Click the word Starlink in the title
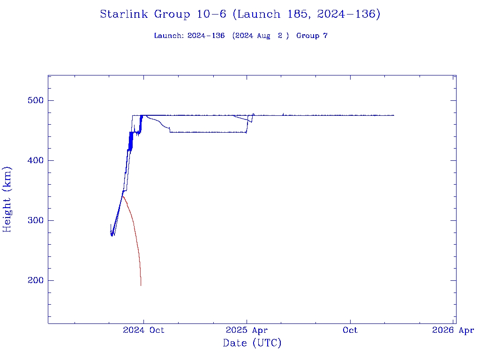(125, 15)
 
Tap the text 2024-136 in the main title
(348, 15)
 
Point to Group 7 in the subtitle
(312, 36)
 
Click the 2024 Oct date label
(143, 330)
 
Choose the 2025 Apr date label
(247, 330)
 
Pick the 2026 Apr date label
(453, 330)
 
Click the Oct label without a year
(350, 330)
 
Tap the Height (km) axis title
(7, 199)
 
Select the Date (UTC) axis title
(252, 344)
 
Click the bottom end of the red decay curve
(141, 285)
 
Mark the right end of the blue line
(394, 115)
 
